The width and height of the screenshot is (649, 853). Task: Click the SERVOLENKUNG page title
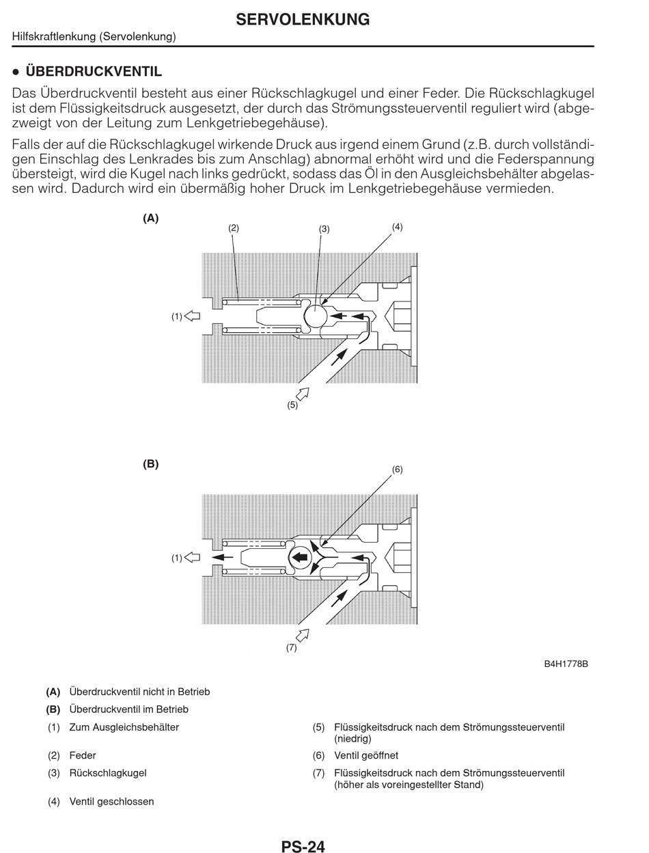click(303, 20)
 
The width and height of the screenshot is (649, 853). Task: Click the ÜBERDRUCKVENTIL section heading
click(94, 72)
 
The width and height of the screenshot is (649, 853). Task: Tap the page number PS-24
click(303, 846)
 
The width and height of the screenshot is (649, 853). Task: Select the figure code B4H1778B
click(566, 664)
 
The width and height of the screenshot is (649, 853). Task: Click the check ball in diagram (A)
click(316, 316)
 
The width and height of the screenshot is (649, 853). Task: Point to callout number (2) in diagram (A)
click(234, 228)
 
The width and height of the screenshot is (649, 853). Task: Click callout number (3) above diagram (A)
click(324, 229)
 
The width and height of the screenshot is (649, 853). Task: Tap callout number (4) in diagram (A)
click(397, 226)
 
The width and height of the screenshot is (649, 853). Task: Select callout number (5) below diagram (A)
click(292, 405)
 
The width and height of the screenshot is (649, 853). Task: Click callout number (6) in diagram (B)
click(397, 469)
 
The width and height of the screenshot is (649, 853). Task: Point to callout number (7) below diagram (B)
click(292, 648)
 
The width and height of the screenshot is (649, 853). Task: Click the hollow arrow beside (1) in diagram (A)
click(193, 316)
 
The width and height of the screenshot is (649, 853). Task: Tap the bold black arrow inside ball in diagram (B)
click(299, 557)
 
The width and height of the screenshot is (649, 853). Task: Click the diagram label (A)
click(150, 218)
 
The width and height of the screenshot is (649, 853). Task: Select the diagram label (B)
click(150, 463)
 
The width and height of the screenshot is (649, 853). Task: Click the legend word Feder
click(83, 755)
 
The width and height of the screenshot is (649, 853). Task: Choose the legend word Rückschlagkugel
click(108, 773)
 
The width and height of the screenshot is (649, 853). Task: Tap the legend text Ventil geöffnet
click(366, 755)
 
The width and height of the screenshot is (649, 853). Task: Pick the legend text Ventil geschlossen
click(111, 801)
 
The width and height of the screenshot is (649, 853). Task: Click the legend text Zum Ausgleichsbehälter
click(124, 727)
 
